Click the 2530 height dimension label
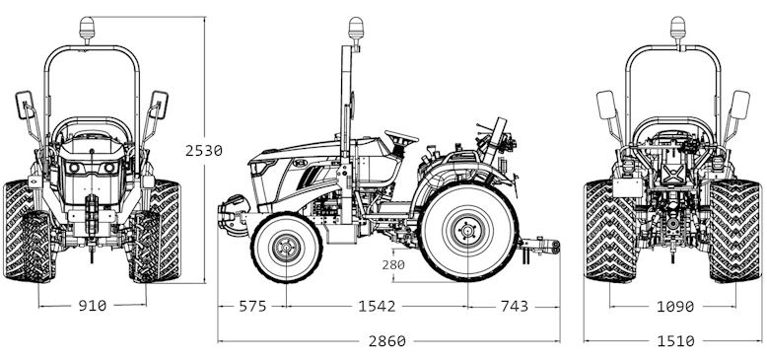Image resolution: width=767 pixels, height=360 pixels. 203,151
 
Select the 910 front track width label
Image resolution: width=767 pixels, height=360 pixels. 93,306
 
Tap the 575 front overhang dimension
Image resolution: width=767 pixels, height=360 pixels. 252,306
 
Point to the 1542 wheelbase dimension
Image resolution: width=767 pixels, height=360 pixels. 377,306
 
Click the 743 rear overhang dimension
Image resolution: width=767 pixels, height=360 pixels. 515,306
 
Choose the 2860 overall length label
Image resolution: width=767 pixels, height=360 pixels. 386,341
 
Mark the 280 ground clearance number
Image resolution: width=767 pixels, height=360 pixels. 393,264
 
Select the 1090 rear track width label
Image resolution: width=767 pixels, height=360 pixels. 675,307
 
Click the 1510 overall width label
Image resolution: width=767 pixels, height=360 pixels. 675,341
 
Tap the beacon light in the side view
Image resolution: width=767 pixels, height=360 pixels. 355,30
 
